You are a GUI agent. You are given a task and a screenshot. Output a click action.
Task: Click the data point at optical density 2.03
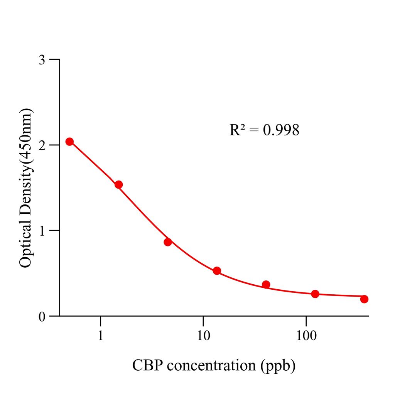pyautogui.click(x=69, y=142)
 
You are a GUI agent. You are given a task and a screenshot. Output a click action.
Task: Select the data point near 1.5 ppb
pyautogui.click(x=118, y=185)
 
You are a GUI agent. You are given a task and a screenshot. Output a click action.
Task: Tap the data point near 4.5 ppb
pyautogui.click(x=167, y=242)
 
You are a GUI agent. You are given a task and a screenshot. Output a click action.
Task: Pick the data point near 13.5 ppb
pyautogui.click(x=217, y=271)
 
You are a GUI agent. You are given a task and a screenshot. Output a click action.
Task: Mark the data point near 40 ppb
pyautogui.click(x=266, y=285)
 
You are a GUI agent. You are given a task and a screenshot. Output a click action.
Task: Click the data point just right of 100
pyautogui.click(x=315, y=294)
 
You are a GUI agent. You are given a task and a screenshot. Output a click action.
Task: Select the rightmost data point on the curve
pyautogui.click(x=364, y=299)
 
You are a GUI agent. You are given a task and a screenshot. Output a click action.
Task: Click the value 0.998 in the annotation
pyautogui.click(x=281, y=130)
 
